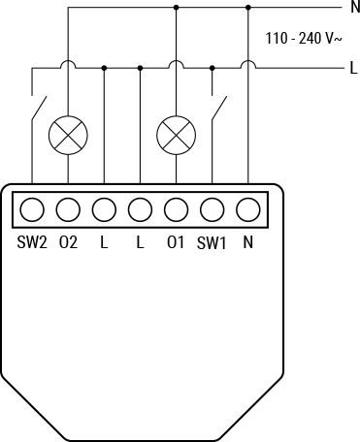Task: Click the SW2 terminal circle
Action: click(32, 209)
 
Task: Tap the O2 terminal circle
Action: click(68, 209)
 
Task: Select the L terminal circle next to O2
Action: click(104, 209)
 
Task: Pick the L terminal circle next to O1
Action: click(140, 209)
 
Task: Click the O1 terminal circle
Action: click(176, 209)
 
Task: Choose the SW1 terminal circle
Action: click(212, 209)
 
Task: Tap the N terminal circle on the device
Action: click(248, 209)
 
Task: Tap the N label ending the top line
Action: click(353, 9)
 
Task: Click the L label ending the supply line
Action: click(353, 69)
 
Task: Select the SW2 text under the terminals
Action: click(32, 242)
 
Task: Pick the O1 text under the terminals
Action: click(176, 242)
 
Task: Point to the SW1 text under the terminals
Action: click(212, 242)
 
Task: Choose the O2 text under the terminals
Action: click(68, 242)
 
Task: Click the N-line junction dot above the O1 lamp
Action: click(176, 8)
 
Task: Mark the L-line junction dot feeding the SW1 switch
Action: click(212, 69)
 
